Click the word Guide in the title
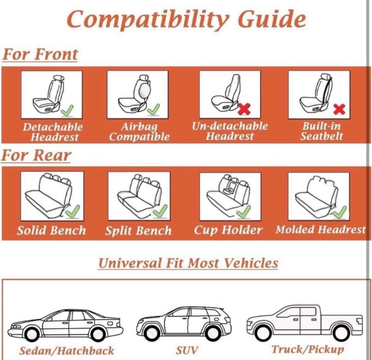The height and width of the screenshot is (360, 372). (x=271, y=19)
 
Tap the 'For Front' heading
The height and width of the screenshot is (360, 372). (x=40, y=54)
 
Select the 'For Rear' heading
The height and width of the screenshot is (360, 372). (x=36, y=156)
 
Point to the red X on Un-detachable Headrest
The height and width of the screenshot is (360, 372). (x=244, y=108)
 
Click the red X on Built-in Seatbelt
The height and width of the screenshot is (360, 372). (x=339, y=109)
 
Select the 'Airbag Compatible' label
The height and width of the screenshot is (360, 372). (x=139, y=132)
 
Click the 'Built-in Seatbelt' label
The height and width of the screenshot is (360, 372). (x=322, y=131)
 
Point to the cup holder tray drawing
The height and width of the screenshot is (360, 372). (x=229, y=189)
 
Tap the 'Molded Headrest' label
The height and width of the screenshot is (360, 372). (x=320, y=230)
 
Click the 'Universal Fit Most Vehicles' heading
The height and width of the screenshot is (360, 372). (x=188, y=263)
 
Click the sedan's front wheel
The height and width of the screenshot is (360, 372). (x=31, y=333)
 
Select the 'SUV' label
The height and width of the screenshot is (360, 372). (x=187, y=350)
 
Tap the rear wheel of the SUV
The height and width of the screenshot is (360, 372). (x=213, y=332)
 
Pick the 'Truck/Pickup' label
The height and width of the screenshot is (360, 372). (x=308, y=349)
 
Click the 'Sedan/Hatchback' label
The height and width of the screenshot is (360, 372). (x=67, y=351)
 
